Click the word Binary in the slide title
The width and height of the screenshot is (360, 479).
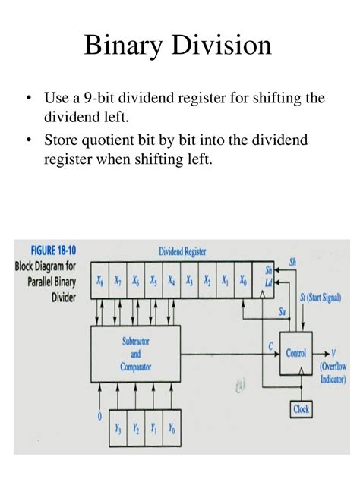click(125, 46)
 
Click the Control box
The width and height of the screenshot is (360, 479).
click(295, 352)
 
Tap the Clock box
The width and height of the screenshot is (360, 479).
click(302, 408)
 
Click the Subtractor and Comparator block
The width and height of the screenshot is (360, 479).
click(136, 354)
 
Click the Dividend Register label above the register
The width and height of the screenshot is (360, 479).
click(182, 251)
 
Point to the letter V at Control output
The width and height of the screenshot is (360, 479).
click(333, 352)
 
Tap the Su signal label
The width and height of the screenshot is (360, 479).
click(281, 311)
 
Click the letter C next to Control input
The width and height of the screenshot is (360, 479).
click(270, 346)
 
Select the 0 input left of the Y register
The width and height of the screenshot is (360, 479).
click(99, 416)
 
